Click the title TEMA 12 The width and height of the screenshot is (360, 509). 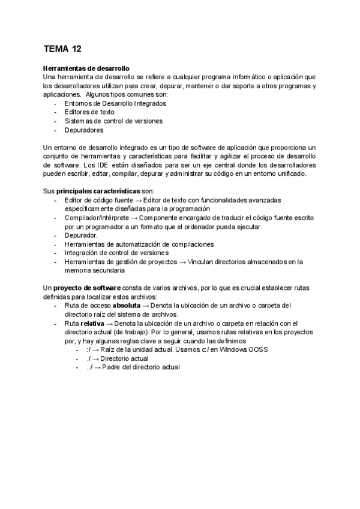click(x=63, y=49)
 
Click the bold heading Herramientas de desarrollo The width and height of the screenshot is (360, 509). click(x=87, y=68)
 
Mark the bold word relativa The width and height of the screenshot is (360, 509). click(x=92, y=323)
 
